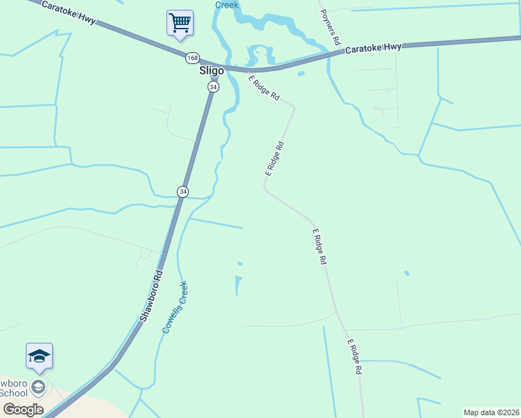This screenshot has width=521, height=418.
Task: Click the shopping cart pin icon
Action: point(180,23)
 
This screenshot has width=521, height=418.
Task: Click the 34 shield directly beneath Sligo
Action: point(213,86)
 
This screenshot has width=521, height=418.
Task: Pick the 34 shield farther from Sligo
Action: point(182,192)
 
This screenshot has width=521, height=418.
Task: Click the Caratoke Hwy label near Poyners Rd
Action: point(373,48)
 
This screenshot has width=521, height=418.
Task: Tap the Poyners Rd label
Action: point(330,28)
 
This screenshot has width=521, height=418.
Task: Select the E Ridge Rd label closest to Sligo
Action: point(263,86)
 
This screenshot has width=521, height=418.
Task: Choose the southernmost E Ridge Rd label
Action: point(355,357)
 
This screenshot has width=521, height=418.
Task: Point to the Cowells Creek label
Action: point(175,307)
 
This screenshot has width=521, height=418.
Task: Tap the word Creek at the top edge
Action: point(226,5)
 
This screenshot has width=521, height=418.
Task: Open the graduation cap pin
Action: point(39,356)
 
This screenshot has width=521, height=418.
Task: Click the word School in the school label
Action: point(13,393)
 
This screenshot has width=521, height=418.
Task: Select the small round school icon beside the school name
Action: point(40,386)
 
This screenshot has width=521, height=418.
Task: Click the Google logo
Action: point(23,410)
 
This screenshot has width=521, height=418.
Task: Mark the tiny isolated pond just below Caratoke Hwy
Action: point(300,73)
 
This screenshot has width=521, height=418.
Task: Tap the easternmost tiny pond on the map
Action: point(407,273)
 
